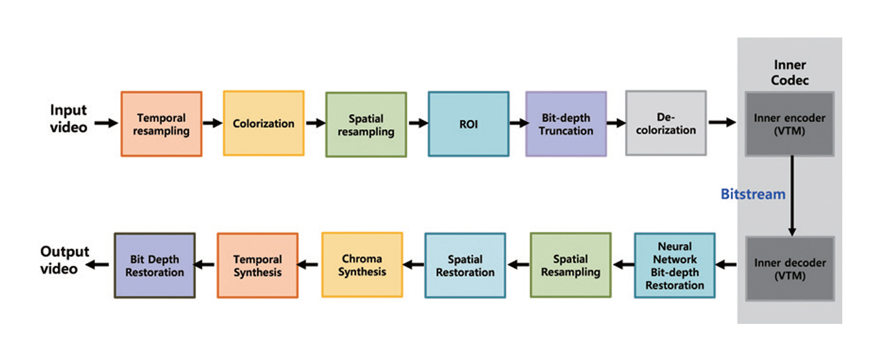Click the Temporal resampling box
161,124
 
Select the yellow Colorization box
264,123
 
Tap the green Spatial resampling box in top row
366,125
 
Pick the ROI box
468,124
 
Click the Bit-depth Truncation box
566,124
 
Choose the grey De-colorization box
666,123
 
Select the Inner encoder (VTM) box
789,124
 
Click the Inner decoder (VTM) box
789,269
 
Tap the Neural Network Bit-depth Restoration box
674,266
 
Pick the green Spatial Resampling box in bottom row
571,266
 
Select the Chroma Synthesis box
362,265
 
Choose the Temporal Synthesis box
258,266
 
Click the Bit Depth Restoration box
155,266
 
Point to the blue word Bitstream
752,194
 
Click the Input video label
69,119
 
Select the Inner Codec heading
790,73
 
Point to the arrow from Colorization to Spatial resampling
315,123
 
